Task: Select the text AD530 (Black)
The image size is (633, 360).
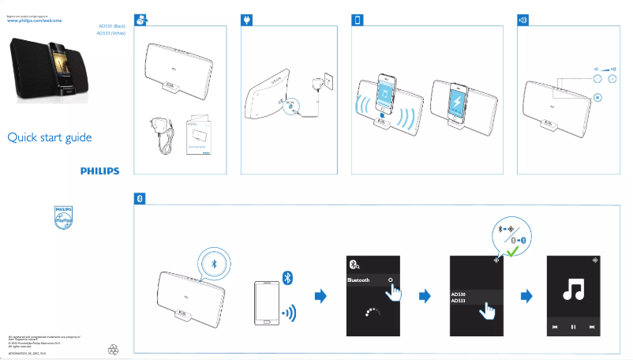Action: coord(111,26)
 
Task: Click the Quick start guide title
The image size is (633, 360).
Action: coord(50,138)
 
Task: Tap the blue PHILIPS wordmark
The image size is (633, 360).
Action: coord(99,170)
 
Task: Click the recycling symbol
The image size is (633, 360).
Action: coord(114,347)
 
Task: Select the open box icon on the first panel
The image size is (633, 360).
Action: coord(140,19)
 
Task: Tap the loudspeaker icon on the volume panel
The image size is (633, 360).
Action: coord(522,19)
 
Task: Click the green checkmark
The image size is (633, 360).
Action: coord(514,251)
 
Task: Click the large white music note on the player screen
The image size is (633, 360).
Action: coord(573,291)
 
